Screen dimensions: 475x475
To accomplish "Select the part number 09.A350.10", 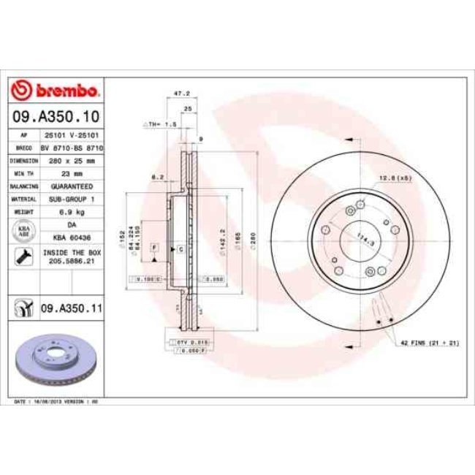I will click(x=56, y=117).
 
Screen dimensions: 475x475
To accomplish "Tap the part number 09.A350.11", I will click(x=70, y=309).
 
